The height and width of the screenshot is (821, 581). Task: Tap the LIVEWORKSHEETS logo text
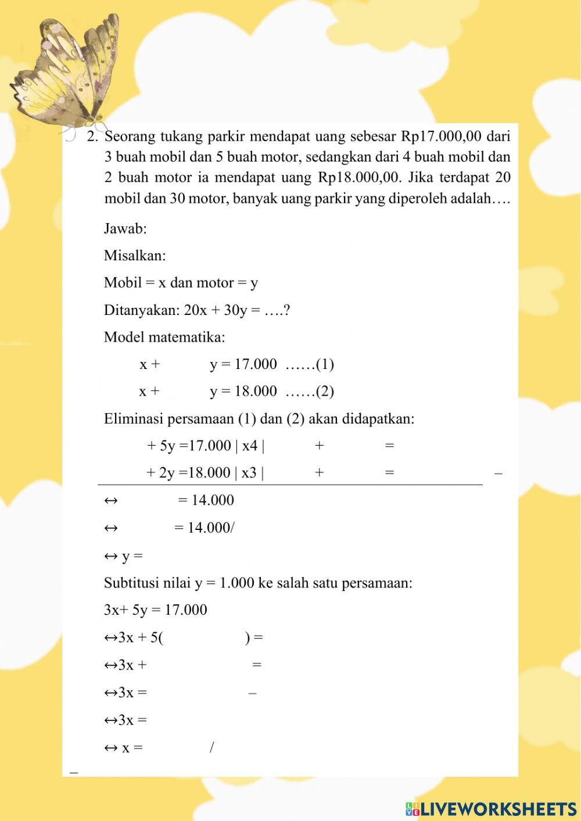(x=491, y=809)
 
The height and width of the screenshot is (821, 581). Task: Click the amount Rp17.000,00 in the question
(x=442, y=137)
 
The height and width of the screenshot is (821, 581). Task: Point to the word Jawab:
(x=125, y=228)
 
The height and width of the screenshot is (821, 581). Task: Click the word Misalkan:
(x=134, y=256)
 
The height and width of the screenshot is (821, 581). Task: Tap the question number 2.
(x=91, y=137)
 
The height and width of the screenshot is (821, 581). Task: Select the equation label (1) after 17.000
(x=325, y=364)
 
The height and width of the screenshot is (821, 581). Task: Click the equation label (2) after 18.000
(x=325, y=391)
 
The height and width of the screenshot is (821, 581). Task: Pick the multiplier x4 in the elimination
(x=250, y=446)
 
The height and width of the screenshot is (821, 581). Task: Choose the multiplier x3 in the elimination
(x=249, y=472)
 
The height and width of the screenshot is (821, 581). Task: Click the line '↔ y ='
(x=123, y=556)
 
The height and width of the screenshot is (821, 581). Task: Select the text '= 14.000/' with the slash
(x=205, y=528)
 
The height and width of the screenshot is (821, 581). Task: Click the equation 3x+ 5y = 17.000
(x=155, y=610)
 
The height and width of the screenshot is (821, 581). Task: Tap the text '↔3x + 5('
(x=134, y=637)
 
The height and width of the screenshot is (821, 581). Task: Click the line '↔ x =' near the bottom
(x=123, y=748)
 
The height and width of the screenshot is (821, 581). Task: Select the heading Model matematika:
(x=164, y=337)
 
